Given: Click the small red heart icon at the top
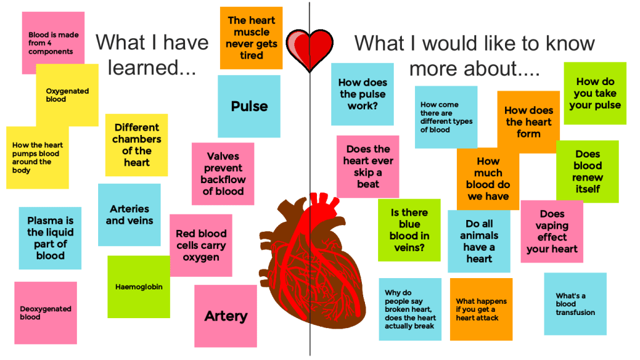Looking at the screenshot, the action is (x=309, y=47).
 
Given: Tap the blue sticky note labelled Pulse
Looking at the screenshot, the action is (x=249, y=106).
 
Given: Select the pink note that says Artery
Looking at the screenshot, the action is (x=226, y=316).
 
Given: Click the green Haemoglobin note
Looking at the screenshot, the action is (x=139, y=287).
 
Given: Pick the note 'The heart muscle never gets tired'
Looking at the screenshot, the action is (x=251, y=37).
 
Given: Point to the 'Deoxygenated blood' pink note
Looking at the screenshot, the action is (x=46, y=312).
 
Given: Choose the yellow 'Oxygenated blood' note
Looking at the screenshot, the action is (x=67, y=95).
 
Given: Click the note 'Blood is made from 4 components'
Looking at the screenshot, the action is (x=53, y=42).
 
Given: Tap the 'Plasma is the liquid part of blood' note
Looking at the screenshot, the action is (x=50, y=238).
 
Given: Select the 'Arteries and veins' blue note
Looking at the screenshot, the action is (x=129, y=214).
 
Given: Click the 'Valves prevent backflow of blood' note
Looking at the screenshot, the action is (x=223, y=173).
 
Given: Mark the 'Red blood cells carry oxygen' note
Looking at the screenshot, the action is (x=201, y=245).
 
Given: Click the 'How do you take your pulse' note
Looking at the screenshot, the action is (x=595, y=93).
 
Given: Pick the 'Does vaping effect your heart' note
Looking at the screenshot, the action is (x=552, y=231).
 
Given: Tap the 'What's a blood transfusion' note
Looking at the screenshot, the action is (x=575, y=304).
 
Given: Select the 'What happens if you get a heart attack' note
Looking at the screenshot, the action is (x=481, y=309).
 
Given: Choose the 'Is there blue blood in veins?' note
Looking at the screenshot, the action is (x=409, y=230).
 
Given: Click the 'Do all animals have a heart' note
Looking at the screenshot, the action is (x=479, y=241).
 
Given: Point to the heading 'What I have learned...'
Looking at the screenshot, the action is (x=152, y=54).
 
